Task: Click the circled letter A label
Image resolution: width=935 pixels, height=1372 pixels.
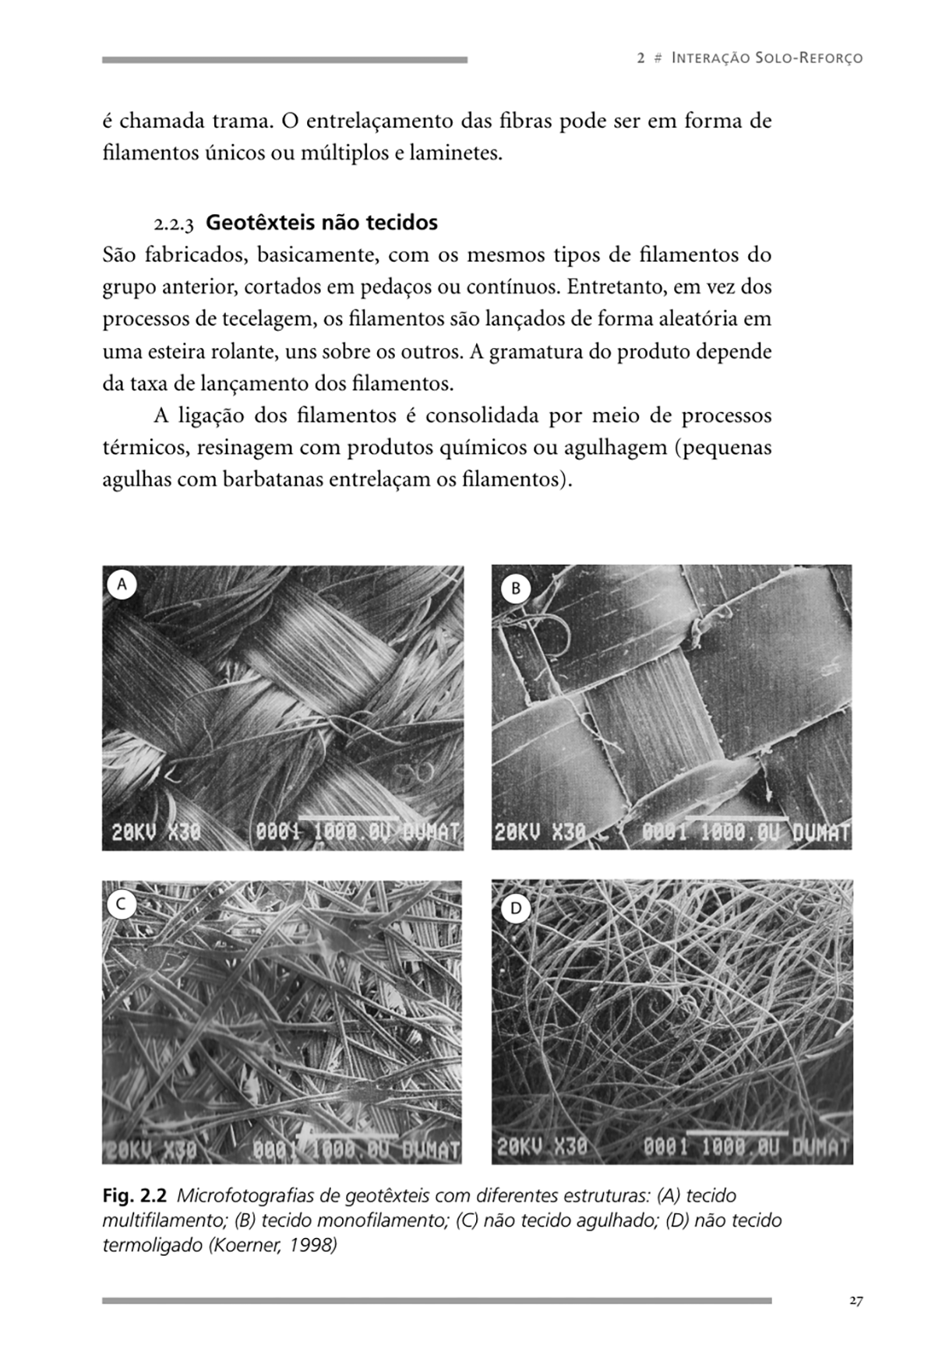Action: [121, 584]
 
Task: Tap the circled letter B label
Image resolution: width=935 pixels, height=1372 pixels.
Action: [514, 589]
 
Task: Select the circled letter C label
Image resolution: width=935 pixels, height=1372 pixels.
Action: [121, 904]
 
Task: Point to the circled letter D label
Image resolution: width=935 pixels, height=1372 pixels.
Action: [514, 908]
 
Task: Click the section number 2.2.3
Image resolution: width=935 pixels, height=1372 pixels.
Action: [175, 224]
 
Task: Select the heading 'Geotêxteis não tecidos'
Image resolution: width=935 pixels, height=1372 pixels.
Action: [322, 223]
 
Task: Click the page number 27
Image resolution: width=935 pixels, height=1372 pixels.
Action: [856, 1301]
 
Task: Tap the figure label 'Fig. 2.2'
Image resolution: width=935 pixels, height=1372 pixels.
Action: [134, 1195]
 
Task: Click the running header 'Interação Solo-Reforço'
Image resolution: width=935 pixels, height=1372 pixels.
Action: [767, 58]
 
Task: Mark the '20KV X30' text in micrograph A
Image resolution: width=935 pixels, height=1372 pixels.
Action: [156, 832]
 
